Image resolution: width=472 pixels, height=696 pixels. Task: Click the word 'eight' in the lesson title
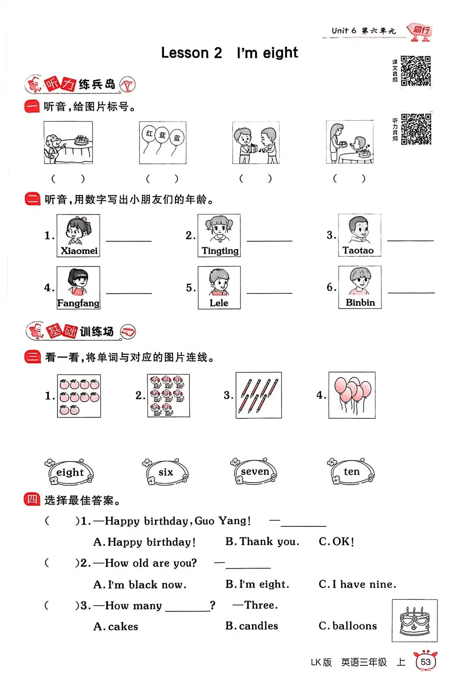[x=281, y=53]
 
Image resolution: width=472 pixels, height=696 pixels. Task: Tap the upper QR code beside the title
[x=416, y=71]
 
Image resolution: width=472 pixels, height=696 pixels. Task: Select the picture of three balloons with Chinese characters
[x=163, y=143]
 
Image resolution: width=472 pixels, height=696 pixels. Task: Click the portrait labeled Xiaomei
[x=78, y=236]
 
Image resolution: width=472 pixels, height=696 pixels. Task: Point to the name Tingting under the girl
[x=220, y=251]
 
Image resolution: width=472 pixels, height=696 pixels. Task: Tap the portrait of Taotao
[x=360, y=235]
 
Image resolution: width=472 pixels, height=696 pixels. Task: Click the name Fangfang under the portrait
[x=78, y=303]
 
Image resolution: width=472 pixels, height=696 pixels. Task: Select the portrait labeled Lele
[x=219, y=287]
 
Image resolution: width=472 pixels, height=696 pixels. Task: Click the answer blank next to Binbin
[x=411, y=292]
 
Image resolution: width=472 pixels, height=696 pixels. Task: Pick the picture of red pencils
[x=259, y=395]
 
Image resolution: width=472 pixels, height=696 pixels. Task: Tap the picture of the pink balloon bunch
[x=352, y=395]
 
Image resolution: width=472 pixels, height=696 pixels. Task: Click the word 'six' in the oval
[x=166, y=472]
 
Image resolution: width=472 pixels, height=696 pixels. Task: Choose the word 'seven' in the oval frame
[x=255, y=471]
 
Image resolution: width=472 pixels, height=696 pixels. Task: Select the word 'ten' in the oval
[x=351, y=471]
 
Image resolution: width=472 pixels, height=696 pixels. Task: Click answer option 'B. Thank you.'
[x=262, y=542]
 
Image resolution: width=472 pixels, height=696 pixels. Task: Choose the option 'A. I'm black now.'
[x=140, y=585]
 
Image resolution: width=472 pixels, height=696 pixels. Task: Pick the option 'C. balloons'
[x=348, y=626]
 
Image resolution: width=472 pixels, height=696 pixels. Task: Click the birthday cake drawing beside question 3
[x=415, y=620]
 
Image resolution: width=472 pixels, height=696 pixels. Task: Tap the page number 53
[x=425, y=662]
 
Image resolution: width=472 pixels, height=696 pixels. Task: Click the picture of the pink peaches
[x=79, y=396]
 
